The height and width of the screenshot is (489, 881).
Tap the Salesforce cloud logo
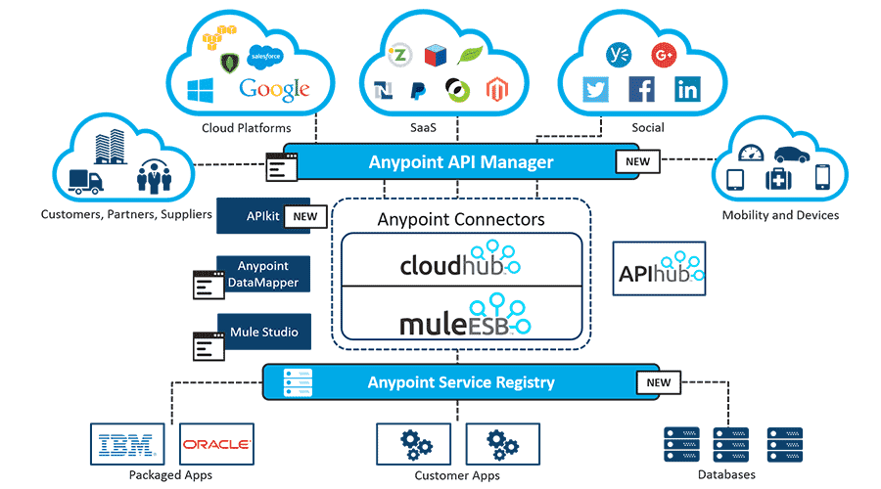pos(265,57)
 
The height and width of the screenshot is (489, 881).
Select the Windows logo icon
pos(201,92)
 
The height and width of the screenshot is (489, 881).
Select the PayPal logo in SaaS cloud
pos(417,91)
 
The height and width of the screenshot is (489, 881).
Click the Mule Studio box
pos(263,332)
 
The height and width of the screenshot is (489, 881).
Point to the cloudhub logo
pos(459,262)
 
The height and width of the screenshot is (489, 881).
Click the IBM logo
pos(128,446)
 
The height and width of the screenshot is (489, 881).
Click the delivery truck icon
pos(86,181)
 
